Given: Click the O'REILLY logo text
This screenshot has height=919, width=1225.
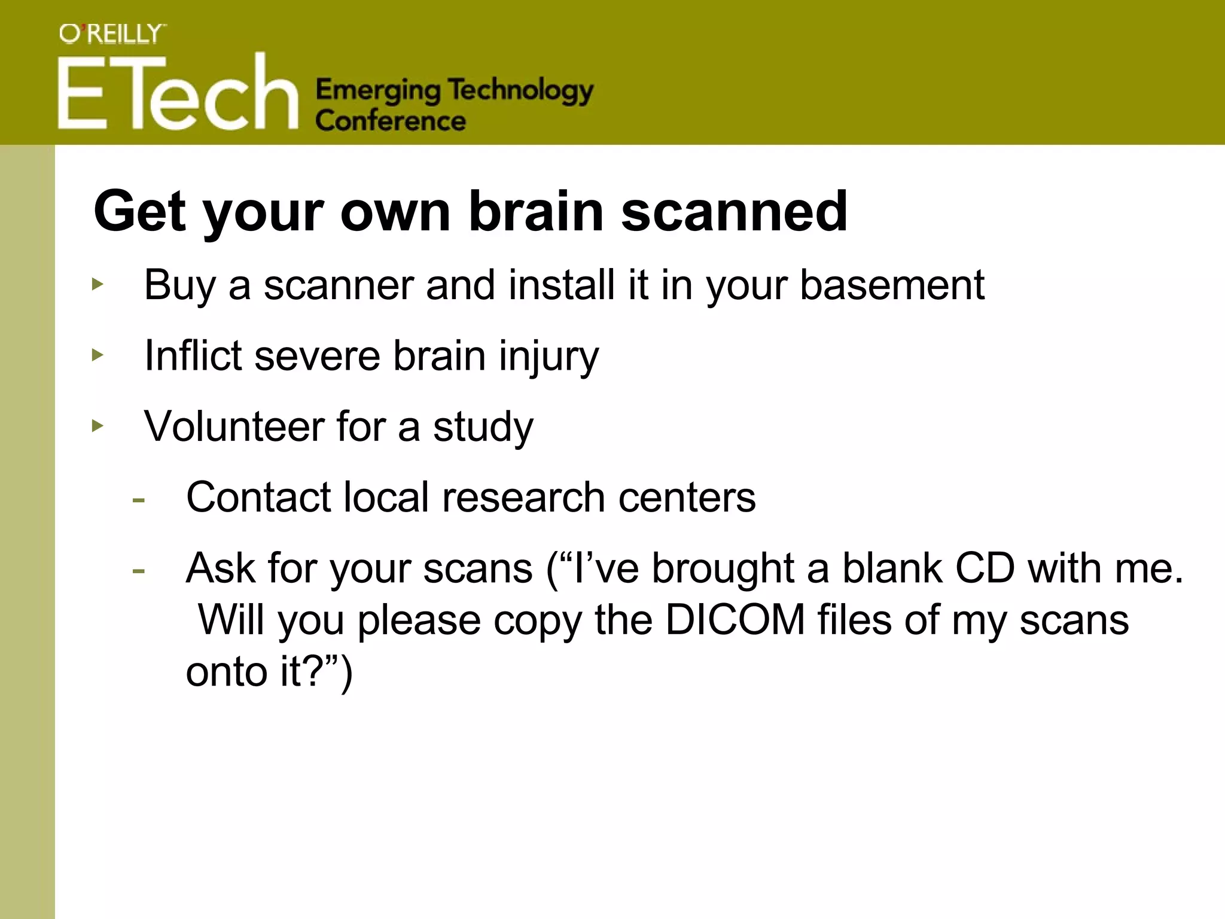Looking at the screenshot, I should [112, 35].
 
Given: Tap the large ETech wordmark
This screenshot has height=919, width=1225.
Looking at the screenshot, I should [178, 93].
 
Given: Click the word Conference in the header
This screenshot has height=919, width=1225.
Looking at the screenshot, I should [391, 121].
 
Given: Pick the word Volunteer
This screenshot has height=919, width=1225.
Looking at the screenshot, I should [233, 427].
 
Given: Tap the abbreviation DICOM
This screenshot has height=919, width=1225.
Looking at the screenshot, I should [735, 620].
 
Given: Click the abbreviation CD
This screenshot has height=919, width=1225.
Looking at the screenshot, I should [985, 568].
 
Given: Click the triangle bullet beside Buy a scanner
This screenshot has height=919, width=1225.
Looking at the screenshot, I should [97, 284].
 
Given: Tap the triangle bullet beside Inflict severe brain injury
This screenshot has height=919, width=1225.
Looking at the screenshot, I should [97, 355].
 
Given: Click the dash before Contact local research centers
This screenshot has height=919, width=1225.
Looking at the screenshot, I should [139, 500].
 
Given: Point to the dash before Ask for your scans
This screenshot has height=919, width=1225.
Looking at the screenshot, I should [139, 570].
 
